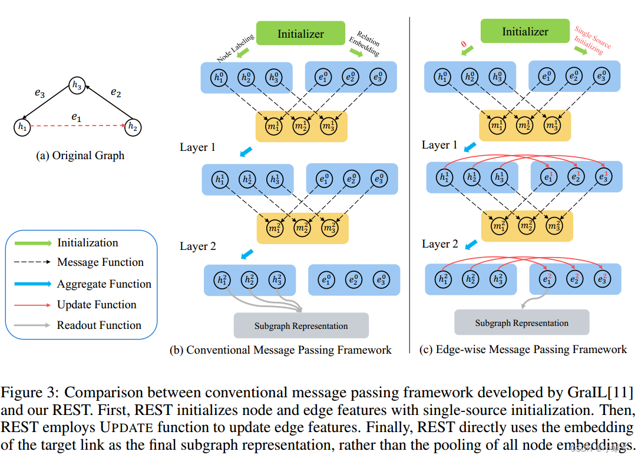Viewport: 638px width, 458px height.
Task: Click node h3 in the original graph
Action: [x=77, y=85]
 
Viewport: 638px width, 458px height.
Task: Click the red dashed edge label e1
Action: [x=76, y=117]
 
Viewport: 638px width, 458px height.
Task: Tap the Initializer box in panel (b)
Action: [x=300, y=34]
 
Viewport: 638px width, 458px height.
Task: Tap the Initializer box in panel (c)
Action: [x=525, y=31]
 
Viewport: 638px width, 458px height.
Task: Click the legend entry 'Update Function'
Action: [x=97, y=305]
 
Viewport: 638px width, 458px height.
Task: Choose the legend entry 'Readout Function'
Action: [x=99, y=325]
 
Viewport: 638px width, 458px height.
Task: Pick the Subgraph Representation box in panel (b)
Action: [x=301, y=326]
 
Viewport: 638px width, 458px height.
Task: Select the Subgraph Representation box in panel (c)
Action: [x=521, y=323]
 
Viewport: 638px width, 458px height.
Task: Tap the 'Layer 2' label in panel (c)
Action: [x=440, y=244]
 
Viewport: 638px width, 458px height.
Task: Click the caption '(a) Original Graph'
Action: [x=80, y=156]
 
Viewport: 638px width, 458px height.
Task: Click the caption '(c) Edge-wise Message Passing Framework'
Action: [x=523, y=350]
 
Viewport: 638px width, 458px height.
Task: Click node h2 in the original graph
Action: [x=133, y=126]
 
